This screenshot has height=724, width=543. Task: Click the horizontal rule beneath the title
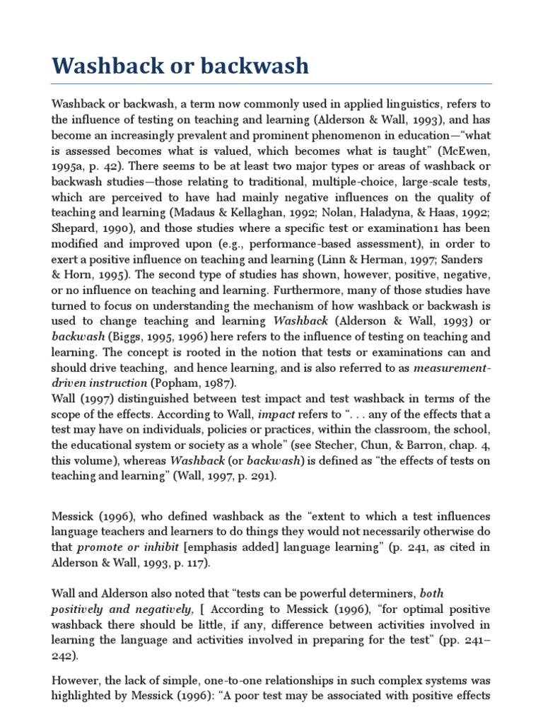tap(271, 84)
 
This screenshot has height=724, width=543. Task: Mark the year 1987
tap(223, 383)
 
